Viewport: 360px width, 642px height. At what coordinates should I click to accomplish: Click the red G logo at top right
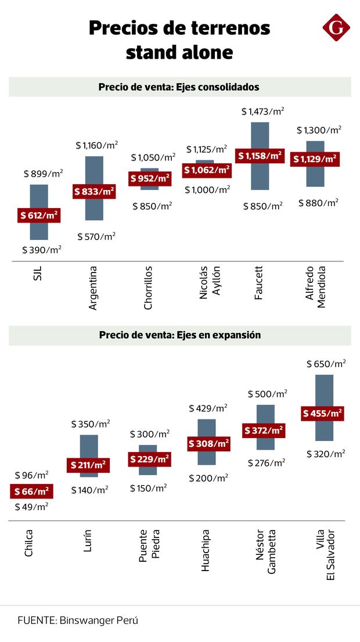click(336, 29)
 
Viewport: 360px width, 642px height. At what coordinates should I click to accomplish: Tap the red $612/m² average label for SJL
click(39, 216)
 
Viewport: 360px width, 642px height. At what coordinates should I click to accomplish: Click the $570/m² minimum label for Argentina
click(96, 236)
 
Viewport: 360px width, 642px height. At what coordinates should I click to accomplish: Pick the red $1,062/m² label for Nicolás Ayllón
click(207, 170)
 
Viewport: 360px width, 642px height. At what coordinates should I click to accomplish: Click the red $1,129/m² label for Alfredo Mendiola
click(315, 159)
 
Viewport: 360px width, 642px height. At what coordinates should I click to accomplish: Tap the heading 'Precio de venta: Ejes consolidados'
click(179, 87)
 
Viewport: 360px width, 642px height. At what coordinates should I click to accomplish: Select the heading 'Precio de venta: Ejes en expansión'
click(179, 335)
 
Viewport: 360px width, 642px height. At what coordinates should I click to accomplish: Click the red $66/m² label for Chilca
click(32, 492)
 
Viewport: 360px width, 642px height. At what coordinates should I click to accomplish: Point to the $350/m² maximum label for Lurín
click(90, 424)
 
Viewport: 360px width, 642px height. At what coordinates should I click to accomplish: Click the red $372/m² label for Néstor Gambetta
click(264, 431)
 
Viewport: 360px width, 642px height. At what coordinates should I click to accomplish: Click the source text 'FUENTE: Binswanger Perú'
click(78, 621)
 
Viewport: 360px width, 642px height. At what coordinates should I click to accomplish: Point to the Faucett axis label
click(259, 283)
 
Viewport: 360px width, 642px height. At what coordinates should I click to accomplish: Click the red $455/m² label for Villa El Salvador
click(322, 414)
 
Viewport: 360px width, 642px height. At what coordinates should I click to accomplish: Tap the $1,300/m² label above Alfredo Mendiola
click(319, 130)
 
